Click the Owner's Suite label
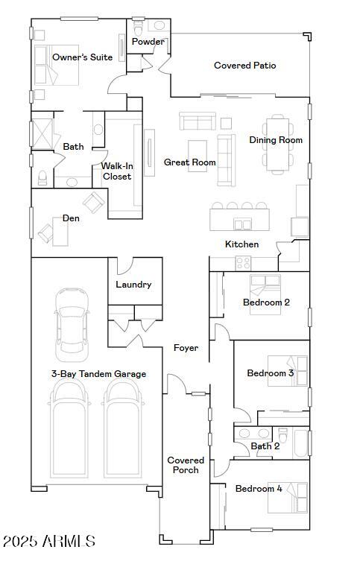(x=82, y=57)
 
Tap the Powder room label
(x=148, y=42)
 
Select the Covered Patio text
(x=244, y=66)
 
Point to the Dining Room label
(x=276, y=140)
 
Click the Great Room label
(x=189, y=162)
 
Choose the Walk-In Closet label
(x=117, y=171)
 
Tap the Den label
(x=71, y=218)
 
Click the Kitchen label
(x=242, y=244)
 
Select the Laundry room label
(x=133, y=285)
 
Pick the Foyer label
(x=186, y=348)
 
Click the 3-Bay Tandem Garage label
(x=98, y=374)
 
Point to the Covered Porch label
(x=186, y=465)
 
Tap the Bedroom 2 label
(x=266, y=302)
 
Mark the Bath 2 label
(x=265, y=446)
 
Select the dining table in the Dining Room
(x=277, y=142)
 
